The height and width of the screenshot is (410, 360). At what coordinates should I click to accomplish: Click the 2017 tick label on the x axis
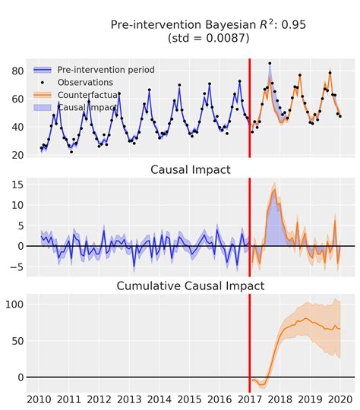tap(249, 399)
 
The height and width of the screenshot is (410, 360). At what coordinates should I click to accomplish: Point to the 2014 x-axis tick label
tap(159, 399)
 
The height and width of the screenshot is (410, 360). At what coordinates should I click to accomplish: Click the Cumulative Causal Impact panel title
tap(190, 285)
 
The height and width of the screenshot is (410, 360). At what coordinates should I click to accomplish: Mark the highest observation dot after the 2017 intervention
tap(270, 64)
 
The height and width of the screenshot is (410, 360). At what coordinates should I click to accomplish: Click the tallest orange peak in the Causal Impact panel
tap(274, 189)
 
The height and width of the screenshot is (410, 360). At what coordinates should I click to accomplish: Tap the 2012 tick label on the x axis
tap(98, 399)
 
